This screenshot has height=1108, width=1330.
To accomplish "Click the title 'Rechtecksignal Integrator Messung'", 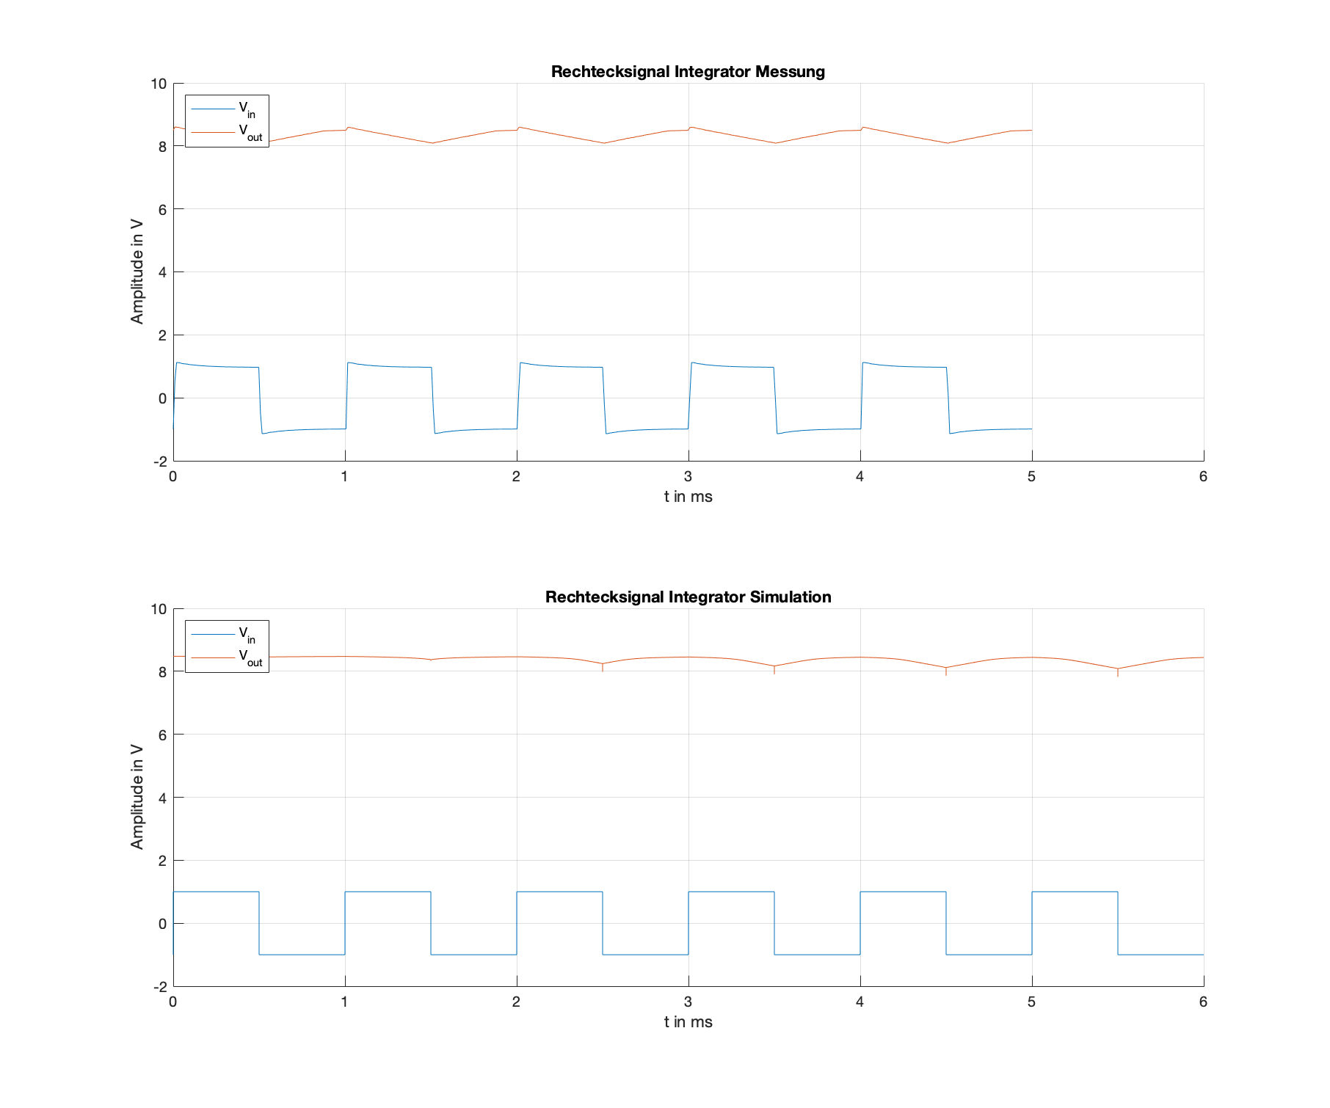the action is point(688,72).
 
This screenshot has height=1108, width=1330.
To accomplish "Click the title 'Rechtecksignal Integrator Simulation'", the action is point(688,597).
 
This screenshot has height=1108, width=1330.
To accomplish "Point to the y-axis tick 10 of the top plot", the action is point(159,84).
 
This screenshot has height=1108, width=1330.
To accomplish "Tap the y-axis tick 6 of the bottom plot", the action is point(162,735).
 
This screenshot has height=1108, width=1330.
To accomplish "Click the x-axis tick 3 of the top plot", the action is point(688,477).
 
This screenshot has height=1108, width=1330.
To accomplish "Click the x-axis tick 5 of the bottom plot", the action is point(1031,1002).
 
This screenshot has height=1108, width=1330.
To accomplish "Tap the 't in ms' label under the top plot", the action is point(688,497).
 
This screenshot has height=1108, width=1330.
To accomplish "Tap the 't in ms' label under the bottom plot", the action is point(688,1022).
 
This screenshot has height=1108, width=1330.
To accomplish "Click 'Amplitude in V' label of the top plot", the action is point(137,272).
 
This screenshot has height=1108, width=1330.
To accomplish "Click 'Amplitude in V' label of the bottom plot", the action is point(137,798).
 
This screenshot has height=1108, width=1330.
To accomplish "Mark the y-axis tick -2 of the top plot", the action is point(160,462).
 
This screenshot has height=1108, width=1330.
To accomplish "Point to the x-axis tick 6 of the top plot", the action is point(1203,477).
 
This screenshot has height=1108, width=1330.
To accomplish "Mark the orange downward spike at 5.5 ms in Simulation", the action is point(1117,672).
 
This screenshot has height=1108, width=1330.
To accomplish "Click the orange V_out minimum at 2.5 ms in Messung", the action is point(603,143).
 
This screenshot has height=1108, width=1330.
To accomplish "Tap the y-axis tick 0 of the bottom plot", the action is point(162,924).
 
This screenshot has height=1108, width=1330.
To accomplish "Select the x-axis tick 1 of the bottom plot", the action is point(344,1002).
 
